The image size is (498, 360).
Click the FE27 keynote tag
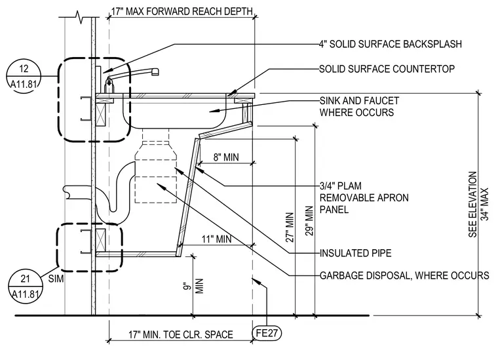(267, 333)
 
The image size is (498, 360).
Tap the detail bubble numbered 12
(24, 76)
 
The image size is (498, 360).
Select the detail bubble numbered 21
(25, 287)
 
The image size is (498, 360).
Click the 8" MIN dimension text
(226, 157)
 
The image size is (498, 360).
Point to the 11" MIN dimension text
(216, 239)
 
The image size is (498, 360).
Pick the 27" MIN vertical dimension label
(290, 228)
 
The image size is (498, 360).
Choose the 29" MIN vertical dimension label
(309, 221)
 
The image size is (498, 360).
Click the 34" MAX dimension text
(485, 205)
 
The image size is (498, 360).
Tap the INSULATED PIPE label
(355, 253)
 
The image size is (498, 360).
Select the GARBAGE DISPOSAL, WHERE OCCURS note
(404, 275)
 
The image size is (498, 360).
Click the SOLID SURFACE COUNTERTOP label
(387, 69)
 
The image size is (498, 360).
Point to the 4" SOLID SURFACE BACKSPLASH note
(391, 44)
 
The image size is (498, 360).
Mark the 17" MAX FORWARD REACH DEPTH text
(182, 11)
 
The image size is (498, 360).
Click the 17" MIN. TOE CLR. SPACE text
(181, 334)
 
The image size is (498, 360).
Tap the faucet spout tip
(155, 72)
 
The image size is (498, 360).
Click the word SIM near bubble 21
(56, 279)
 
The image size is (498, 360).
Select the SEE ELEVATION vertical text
(473, 205)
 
